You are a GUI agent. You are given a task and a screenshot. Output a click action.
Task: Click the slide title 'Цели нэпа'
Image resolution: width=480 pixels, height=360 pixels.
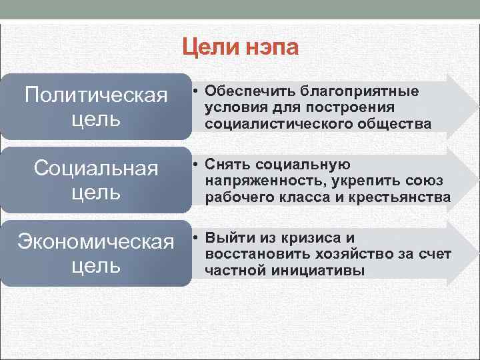pyautogui.click(x=241, y=48)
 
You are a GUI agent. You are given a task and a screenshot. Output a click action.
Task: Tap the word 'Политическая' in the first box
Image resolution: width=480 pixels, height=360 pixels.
pyautogui.click(x=95, y=95)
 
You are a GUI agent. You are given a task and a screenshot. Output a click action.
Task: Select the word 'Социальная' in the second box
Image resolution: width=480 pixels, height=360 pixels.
pyautogui.click(x=95, y=169)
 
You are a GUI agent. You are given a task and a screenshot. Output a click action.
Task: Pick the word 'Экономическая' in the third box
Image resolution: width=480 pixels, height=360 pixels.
pyautogui.click(x=95, y=242)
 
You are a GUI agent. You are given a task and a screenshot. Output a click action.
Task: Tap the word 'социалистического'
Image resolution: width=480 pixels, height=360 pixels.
pyautogui.click(x=267, y=124)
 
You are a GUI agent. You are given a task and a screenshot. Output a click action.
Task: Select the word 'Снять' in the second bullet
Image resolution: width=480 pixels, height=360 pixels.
pyautogui.click(x=225, y=164)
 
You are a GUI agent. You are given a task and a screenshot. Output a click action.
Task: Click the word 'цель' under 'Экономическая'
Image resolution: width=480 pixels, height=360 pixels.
pyautogui.click(x=95, y=265)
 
